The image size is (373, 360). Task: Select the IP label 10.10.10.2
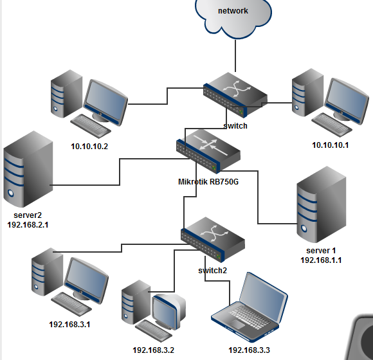click(89, 146)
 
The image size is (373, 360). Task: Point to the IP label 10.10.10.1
click(330, 145)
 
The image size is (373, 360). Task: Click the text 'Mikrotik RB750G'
click(208, 182)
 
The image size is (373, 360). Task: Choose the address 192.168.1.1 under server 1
click(321, 260)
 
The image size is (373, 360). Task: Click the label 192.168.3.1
click(69, 324)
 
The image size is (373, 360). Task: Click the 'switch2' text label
click(212, 270)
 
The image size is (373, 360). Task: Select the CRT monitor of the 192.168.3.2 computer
click(168, 310)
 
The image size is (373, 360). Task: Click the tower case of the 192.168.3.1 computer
click(47, 278)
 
